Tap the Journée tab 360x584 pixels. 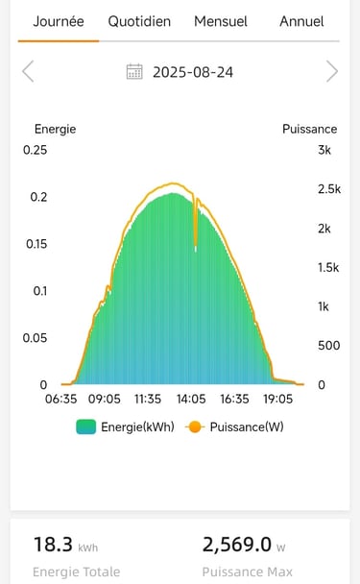click(x=59, y=21)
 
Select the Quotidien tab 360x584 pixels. click(x=139, y=21)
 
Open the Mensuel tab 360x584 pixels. click(x=221, y=21)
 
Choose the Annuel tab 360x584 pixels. click(x=301, y=21)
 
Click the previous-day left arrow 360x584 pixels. click(x=28, y=71)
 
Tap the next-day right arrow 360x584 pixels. click(x=332, y=71)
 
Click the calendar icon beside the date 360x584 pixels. click(x=135, y=72)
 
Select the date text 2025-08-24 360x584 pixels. click(x=193, y=72)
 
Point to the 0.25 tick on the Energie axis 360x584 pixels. click(x=36, y=150)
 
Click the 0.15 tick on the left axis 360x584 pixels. click(x=36, y=244)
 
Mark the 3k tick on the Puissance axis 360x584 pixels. click(x=324, y=150)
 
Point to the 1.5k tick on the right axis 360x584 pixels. click(x=328, y=267)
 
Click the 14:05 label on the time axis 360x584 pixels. click(x=191, y=399)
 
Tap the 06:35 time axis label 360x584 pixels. click(x=61, y=399)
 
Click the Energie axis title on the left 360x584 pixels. click(x=55, y=129)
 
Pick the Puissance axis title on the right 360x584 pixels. click(x=309, y=129)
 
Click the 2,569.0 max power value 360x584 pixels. click(x=237, y=545)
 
